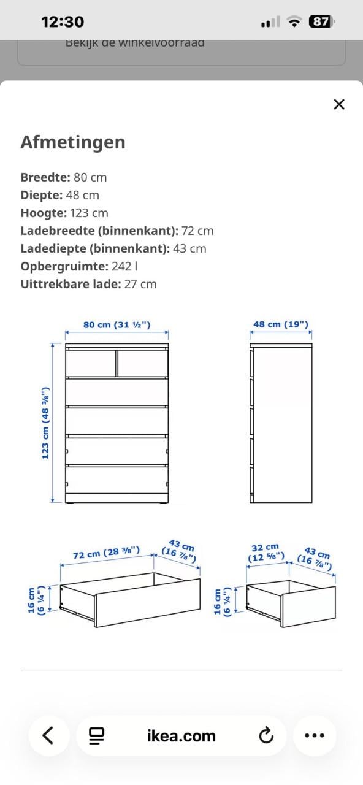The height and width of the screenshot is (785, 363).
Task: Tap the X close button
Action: coord(339,104)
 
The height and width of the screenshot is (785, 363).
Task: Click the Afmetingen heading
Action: coord(73,142)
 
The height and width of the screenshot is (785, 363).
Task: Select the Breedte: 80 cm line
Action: coord(64,177)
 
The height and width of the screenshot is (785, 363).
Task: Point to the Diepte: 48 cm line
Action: coord(59,195)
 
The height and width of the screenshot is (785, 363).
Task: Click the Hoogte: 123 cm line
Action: coord(64,213)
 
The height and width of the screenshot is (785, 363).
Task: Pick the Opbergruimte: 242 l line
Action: coord(79,266)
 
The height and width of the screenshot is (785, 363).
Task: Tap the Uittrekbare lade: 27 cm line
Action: coord(88,284)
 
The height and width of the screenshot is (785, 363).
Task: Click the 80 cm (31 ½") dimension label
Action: coord(117,324)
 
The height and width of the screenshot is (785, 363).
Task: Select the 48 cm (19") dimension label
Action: coord(281,324)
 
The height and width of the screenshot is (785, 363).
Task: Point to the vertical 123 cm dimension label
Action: coord(45,423)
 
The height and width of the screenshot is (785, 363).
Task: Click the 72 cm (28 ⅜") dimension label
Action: coord(106,553)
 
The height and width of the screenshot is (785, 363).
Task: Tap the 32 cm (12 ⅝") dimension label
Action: coord(266,552)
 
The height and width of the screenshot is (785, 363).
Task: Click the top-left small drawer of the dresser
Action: coord(91,363)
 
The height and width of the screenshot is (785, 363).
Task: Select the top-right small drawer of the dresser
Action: coord(142,363)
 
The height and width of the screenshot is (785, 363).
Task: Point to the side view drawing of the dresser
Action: coord(281,423)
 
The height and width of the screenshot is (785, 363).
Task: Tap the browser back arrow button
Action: coord(48,735)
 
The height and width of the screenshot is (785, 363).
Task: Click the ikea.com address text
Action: coord(181,736)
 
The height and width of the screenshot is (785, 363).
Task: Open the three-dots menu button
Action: coord(315,735)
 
